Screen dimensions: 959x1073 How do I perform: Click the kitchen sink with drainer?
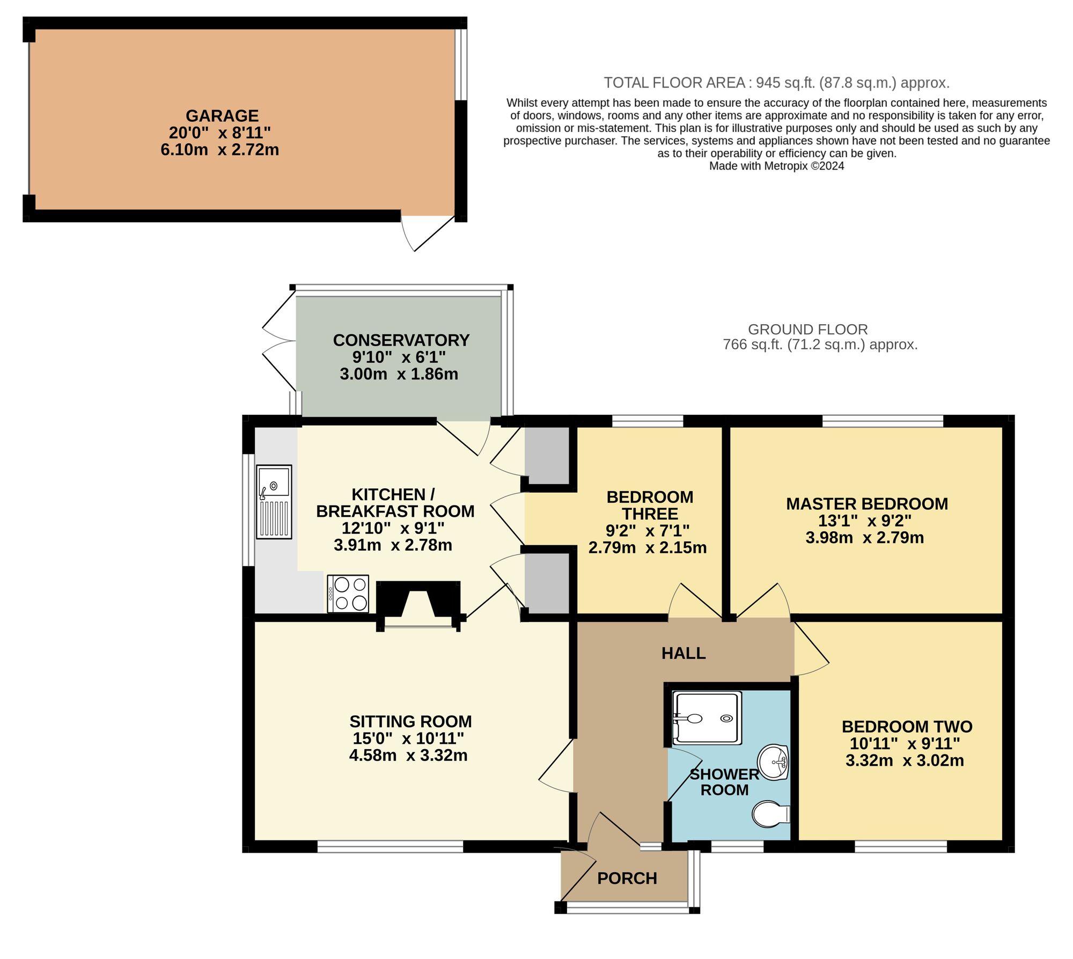pos(274,501)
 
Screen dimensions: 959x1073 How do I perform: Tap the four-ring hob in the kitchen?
pos(348,593)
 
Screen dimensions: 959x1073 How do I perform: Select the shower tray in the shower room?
pos(708,718)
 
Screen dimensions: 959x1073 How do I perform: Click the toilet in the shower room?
pos(770,814)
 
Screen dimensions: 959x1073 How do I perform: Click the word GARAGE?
pos(222,116)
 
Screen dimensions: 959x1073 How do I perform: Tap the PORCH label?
pos(627,879)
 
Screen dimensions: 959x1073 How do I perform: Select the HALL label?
pos(683,653)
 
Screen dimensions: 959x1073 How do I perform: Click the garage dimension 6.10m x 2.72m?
pos(220,150)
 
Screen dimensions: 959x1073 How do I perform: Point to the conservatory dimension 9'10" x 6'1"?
pos(399,357)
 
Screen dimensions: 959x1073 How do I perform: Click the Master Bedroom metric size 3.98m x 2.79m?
pos(864,538)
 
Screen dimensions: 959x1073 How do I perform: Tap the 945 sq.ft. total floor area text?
pos(776,83)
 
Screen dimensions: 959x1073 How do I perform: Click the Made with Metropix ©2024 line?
pos(776,166)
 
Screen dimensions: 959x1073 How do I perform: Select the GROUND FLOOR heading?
pos(807,330)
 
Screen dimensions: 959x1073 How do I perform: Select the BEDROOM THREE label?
pos(650,506)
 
